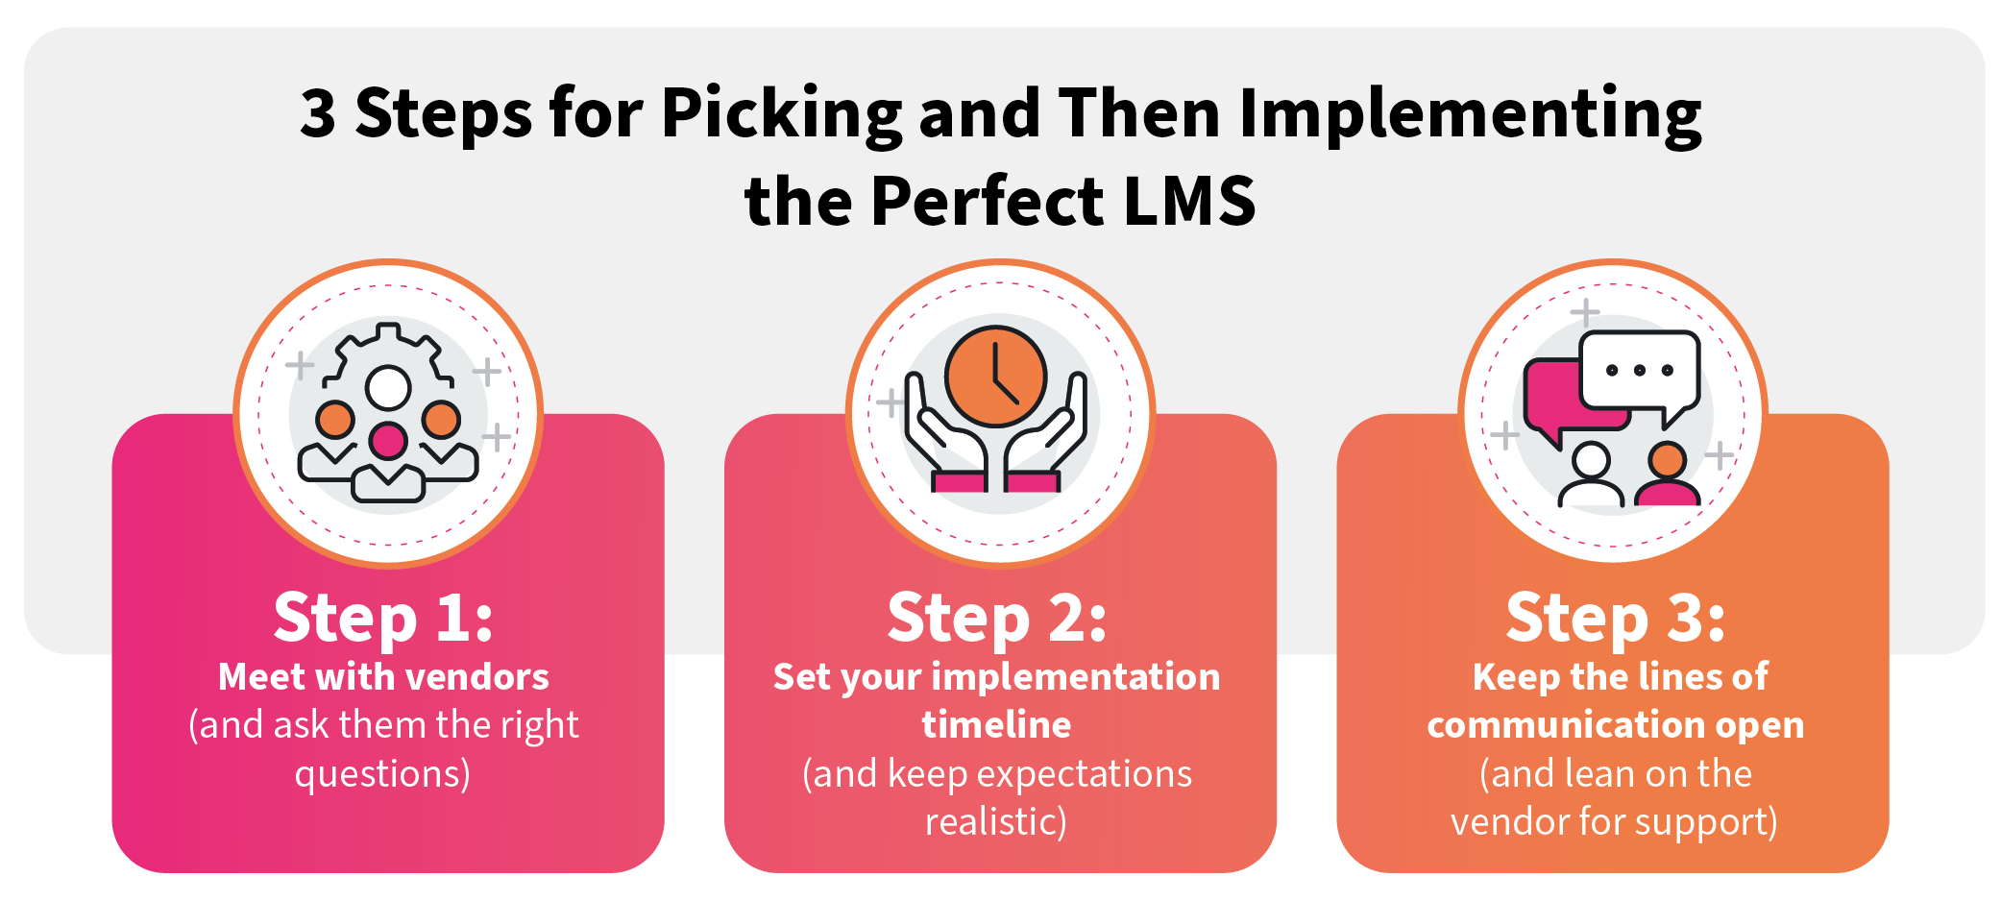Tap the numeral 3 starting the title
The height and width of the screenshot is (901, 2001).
point(318,113)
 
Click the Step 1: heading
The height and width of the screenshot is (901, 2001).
point(383,618)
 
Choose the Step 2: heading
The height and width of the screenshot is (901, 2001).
point(996,618)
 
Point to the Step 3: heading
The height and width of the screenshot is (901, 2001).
point(1615,618)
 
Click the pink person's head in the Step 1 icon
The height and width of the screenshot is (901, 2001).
point(388,441)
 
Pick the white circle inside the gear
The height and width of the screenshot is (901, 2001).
point(388,388)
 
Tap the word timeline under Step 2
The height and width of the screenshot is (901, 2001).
point(996,725)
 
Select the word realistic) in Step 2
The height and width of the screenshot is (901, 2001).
point(996,822)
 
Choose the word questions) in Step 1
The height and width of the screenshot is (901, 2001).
point(382,774)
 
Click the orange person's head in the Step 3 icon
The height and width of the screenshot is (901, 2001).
point(1667,459)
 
